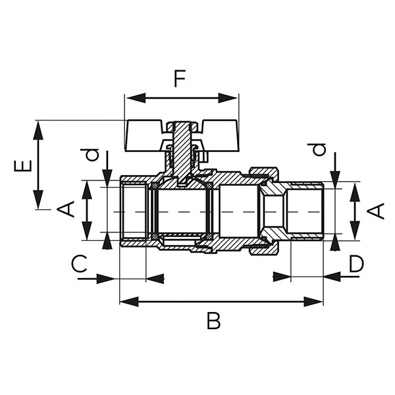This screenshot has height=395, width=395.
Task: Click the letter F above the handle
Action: tap(179, 79)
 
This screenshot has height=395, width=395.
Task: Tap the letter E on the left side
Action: tap(22, 164)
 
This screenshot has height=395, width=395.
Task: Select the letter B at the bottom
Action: tap(213, 321)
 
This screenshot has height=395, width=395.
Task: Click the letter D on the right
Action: tap(356, 264)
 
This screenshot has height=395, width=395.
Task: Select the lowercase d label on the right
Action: tap(319, 149)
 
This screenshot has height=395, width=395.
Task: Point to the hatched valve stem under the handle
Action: tap(180, 148)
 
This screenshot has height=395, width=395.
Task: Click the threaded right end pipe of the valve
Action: tap(305, 211)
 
